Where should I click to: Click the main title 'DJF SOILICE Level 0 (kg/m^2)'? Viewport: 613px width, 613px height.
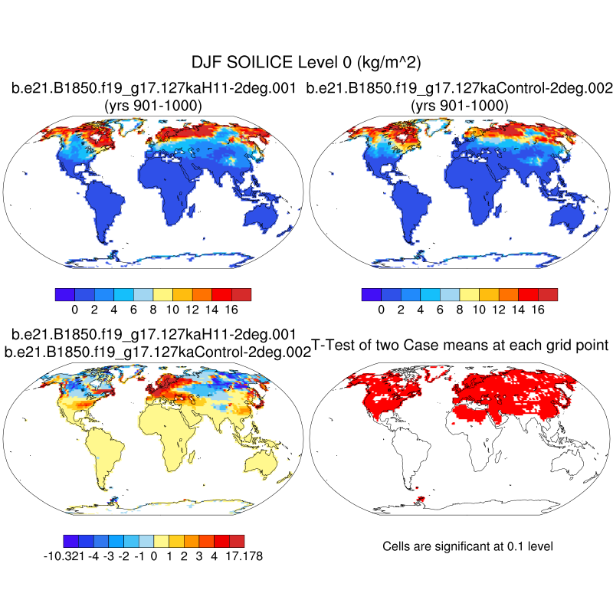(306, 62)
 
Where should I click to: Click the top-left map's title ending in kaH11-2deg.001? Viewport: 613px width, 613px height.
(153, 89)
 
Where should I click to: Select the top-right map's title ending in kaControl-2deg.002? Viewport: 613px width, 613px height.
(459, 89)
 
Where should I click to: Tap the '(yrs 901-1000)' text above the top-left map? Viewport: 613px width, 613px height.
(153, 106)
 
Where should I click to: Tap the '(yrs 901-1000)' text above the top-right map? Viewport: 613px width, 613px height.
(459, 106)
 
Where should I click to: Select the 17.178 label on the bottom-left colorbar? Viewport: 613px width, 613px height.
(243, 556)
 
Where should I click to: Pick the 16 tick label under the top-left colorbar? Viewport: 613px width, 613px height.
(231, 310)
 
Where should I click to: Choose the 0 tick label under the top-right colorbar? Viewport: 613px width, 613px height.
(381, 310)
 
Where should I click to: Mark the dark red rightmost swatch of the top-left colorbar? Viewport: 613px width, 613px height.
(241, 294)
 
